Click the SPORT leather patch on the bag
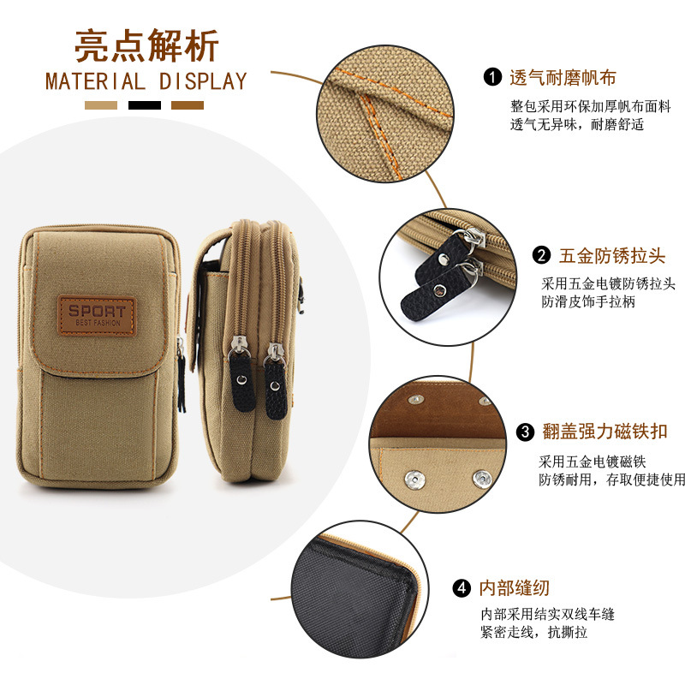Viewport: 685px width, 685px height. pos(97,315)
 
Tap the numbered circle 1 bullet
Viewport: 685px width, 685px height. pos(492,77)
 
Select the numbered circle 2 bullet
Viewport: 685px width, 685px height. pos(541,255)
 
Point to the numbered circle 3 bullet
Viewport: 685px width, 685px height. pos(525,432)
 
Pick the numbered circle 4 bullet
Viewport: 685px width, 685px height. pos(462,588)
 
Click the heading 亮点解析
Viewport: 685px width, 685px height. pos(146,46)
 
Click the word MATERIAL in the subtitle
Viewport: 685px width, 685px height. pos(95,81)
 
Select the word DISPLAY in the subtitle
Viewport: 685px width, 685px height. pos(203,81)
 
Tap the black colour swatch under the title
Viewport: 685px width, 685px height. pos(145,105)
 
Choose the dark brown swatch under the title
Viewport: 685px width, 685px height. pos(188,105)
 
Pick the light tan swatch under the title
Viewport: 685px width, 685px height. pos(101,105)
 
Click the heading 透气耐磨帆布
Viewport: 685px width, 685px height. pos(563,78)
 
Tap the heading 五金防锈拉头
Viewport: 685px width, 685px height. pos(612,255)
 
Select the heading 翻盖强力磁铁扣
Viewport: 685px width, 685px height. pos(605,432)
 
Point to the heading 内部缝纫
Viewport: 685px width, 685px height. pos(515,588)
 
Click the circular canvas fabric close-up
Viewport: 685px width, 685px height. pos(384,114)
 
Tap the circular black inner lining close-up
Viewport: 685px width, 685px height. pos(360,589)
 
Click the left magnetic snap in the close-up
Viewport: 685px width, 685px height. pos(414,480)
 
